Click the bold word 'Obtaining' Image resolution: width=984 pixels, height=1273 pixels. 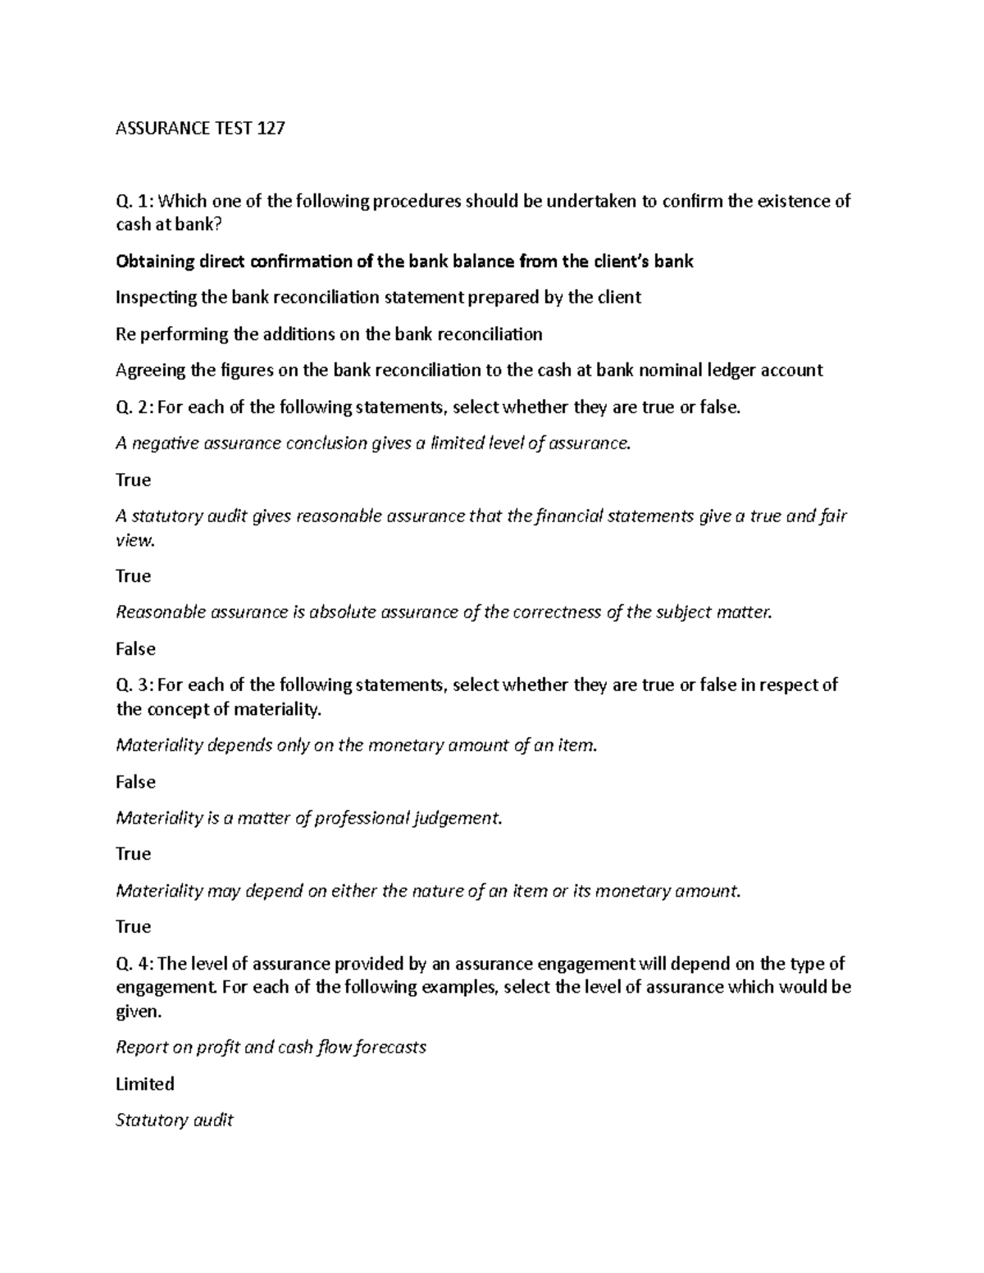[156, 261]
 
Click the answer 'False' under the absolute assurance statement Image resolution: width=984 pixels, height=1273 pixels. [135, 649]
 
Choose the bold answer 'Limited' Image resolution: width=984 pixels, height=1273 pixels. [145, 1084]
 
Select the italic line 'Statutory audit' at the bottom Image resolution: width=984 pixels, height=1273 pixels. [175, 1121]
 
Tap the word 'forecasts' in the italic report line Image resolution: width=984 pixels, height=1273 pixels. [388, 1048]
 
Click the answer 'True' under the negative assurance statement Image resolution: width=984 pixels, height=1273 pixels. [134, 480]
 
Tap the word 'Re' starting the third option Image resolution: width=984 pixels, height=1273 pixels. [125, 334]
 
